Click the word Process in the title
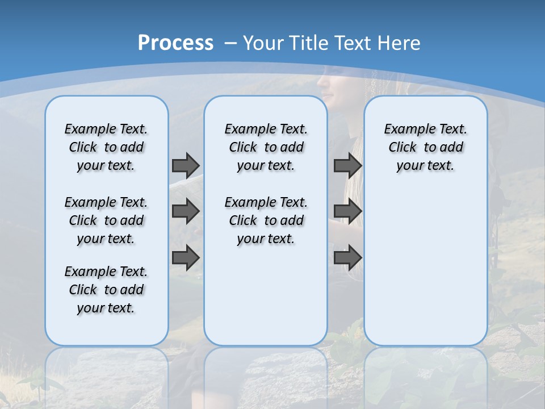point(175,43)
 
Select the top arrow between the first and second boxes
point(186,165)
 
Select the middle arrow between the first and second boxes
point(186,211)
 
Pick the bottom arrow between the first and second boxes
point(186,257)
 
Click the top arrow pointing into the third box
point(347,165)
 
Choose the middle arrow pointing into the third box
point(347,211)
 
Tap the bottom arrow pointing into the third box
point(347,257)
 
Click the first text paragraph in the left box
point(106,147)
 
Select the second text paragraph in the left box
point(106,220)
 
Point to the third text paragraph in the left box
point(106,290)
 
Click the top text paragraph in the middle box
point(266,147)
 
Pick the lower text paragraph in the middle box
point(266,220)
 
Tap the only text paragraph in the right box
point(425,147)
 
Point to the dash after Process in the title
point(230,43)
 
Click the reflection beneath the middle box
point(266,375)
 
